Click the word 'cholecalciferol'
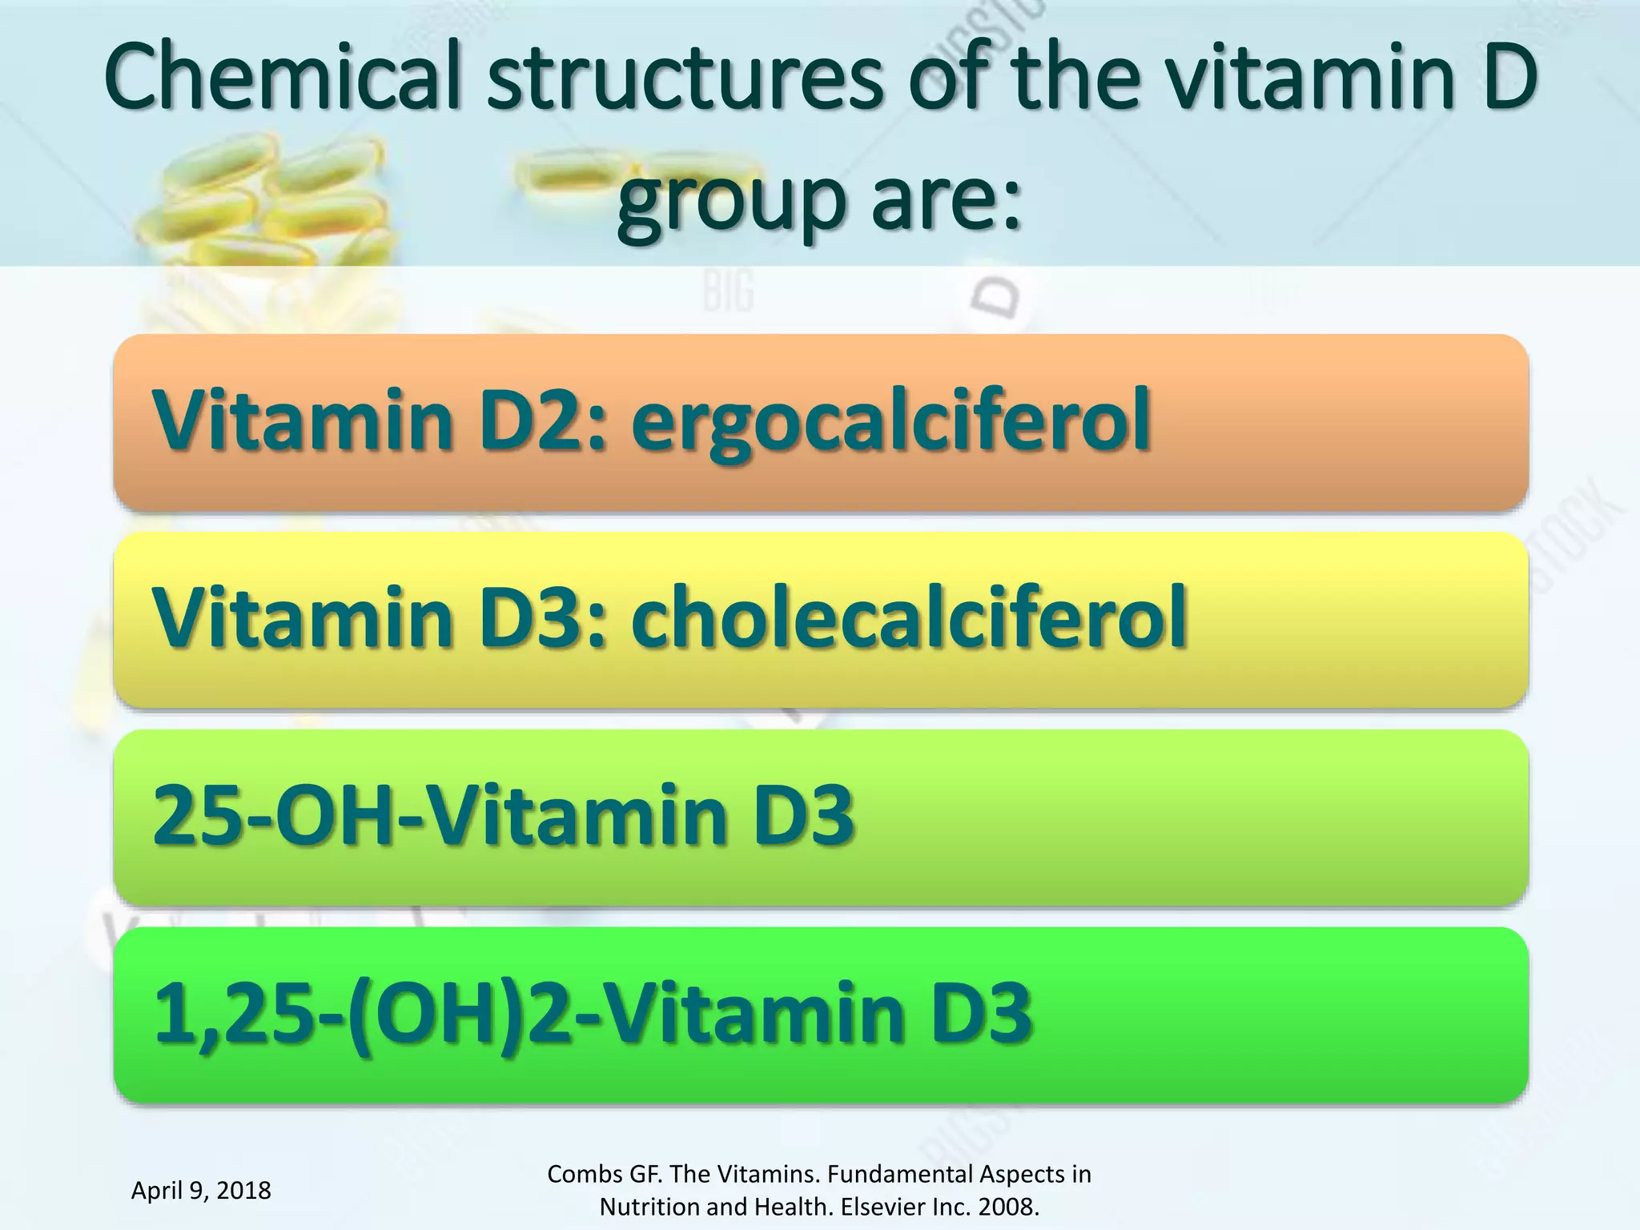click(x=908, y=617)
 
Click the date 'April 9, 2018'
click(x=201, y=1190)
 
